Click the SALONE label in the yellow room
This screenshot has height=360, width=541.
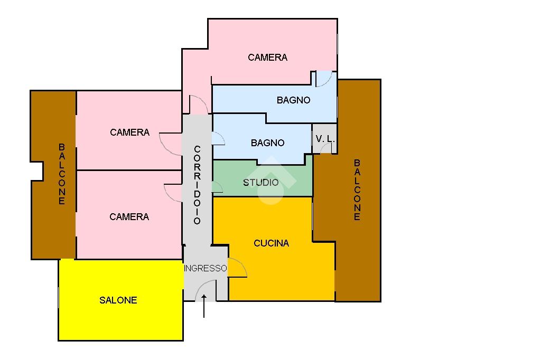(x=118, y=300)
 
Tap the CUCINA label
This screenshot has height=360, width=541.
(x=272, y=243)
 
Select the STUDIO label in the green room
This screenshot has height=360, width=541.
(x=261, y=183)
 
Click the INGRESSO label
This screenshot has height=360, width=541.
(x=206, y=268)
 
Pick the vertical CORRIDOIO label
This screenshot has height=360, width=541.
(x=197, y=185)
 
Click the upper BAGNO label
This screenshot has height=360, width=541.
(x=293, y=100)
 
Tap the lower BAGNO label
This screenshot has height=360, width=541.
(x=267, y=143)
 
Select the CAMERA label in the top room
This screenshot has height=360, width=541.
(x=267, y=58)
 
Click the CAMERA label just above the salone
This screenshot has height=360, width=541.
(x=129, y=217)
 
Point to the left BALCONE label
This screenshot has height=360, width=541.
(x=62, y=174)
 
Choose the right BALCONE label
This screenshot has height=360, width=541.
(x=357, y=190)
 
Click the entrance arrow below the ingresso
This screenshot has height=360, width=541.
(x=204, y=307)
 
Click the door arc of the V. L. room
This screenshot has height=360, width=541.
(x=326, y=148)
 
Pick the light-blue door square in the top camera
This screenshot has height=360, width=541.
(x=323, y=79)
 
